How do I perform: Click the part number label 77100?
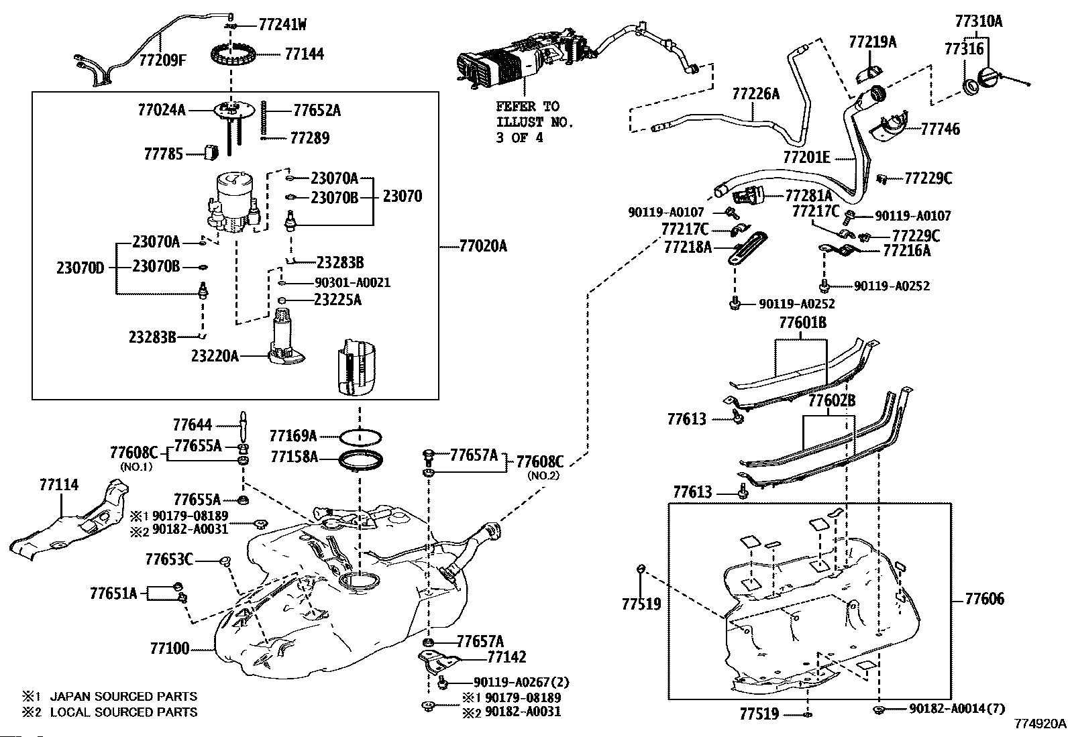(x=170, y=648)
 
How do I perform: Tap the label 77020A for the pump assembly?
(x=483, y=246)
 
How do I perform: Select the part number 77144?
(x=304, y=54)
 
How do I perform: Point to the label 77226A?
(x=755, y=94)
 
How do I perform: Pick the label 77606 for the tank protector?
(x=985, y=598)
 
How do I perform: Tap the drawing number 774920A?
(x=1040, y=724)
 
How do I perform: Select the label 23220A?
(x=215, y=355)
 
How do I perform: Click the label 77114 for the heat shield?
(x=58, y=484)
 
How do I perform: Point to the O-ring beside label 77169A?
(x=360, y=437)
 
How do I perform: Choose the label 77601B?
(x=802, y=323)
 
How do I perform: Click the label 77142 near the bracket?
(x=506, y=657)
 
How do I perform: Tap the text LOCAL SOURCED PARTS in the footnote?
(x=124, y=712)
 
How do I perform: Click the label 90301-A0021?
(x=352, y=282)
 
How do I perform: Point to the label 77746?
(x=940, y=129)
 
